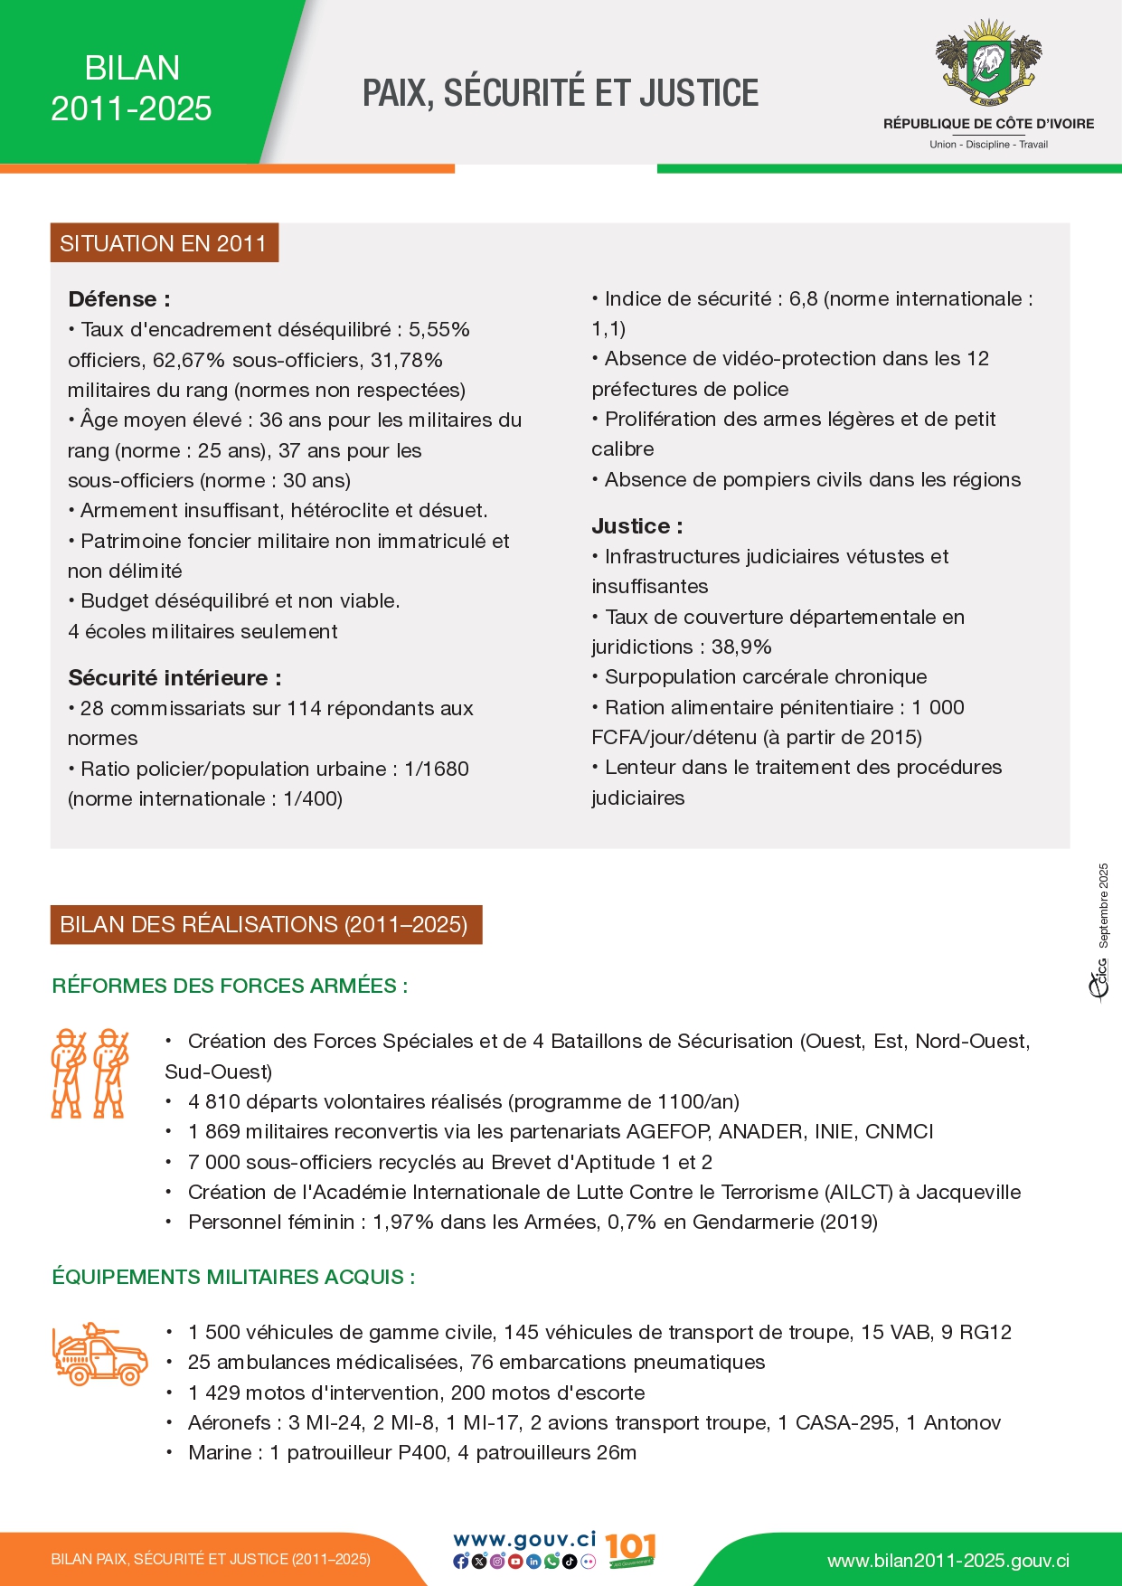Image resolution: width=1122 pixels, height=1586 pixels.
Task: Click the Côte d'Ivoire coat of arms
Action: (x=988, y=64)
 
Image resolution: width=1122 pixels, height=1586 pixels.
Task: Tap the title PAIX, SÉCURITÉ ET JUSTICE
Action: (x=561, y=93)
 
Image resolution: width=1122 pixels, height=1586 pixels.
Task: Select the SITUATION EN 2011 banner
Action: (x=164, y=243)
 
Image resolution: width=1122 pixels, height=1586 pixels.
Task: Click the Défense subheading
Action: (x=118, y=299)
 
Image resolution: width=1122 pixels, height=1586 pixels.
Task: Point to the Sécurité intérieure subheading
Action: (x=174, y=678)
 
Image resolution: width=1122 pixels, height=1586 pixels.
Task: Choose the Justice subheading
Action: (x=636, y=526)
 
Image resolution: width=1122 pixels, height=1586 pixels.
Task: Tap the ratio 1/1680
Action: (x=437, y=769)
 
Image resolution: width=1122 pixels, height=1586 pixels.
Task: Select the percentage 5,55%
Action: (x=439, y=330)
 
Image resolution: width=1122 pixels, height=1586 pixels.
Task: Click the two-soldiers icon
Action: (x=90, y=1073)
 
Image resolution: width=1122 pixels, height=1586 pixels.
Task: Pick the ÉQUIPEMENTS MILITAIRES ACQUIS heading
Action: (x=233, y=1277)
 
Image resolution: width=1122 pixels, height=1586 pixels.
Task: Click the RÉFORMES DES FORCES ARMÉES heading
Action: (x=230, y=986)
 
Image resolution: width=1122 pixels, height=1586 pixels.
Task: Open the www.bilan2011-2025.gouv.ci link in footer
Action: (x=948, y=1561)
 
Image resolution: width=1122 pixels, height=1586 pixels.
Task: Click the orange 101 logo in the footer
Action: (x=630, y=1550)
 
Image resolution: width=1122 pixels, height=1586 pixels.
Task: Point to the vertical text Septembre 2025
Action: (x=1103, y=905)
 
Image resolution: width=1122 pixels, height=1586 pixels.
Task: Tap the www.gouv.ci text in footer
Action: (x=524, y=1540)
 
